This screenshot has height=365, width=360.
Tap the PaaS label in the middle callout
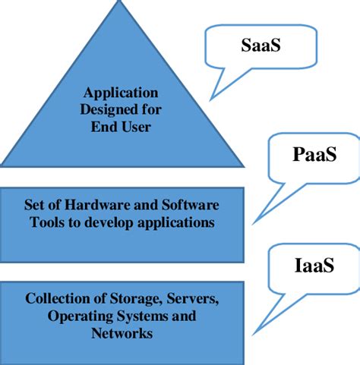(314, 156)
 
